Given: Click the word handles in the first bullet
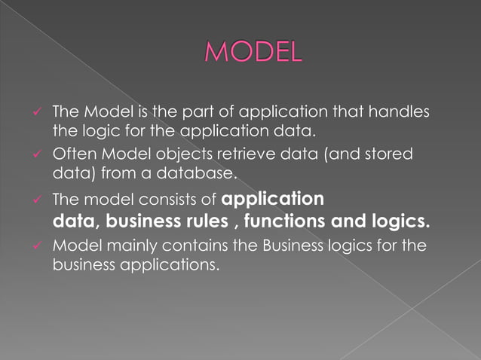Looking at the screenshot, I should (403, 113).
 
